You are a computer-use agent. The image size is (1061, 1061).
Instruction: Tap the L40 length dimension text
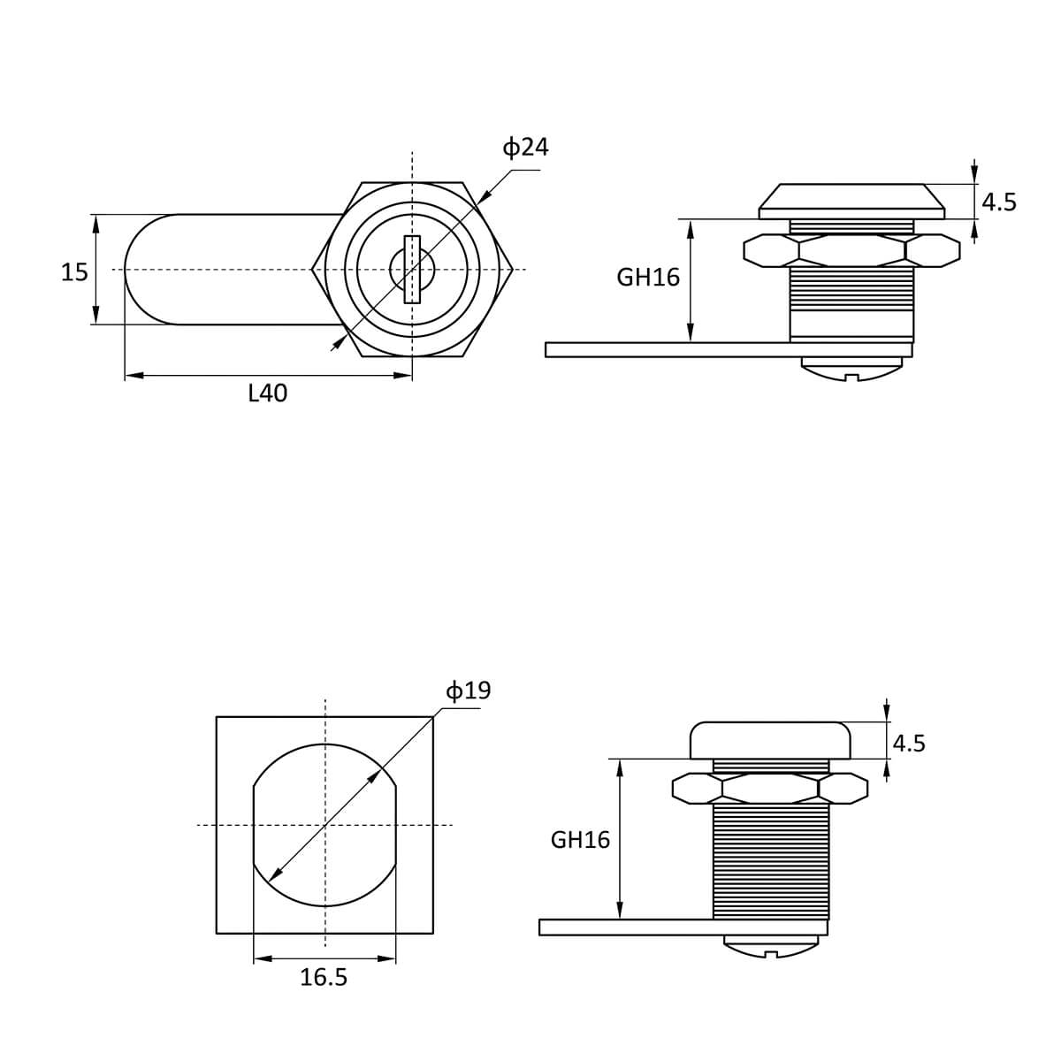point(268,393)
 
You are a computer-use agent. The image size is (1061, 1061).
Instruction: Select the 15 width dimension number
point(74,272)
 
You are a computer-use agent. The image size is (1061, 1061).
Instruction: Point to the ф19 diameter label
point(468,691)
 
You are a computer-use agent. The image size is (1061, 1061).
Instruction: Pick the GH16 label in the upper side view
point(648,278)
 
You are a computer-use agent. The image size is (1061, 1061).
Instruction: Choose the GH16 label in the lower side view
point(580,840)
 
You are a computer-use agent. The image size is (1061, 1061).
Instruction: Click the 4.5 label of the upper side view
point(999,202)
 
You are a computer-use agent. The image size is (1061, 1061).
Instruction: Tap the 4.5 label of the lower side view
point(909,744)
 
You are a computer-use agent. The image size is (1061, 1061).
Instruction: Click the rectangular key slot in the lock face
point(412,270)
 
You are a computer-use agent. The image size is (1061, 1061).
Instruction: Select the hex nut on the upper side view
point(851,250)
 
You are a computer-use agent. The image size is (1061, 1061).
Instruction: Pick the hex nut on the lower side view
point(770,789)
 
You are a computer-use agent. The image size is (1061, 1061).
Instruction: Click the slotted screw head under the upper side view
point(851,369)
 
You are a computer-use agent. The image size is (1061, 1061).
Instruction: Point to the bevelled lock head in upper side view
point(851,202)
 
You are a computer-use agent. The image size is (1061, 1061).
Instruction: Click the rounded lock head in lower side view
point(771,741)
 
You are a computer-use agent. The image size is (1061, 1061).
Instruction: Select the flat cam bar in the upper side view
point(729,349)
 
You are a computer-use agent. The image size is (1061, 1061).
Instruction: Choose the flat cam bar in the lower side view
point(683,927)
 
